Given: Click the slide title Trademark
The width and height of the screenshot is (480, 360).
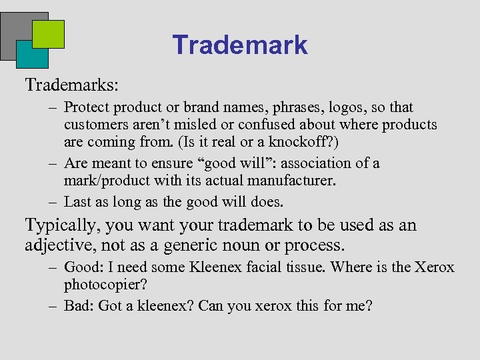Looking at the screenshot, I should tap(240, 45).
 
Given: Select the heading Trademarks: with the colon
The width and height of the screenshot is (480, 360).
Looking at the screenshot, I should tap(72, 85).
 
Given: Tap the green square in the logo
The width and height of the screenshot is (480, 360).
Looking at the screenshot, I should tap(48, 34).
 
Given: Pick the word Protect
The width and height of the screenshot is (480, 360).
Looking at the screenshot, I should tap(86, 107).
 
